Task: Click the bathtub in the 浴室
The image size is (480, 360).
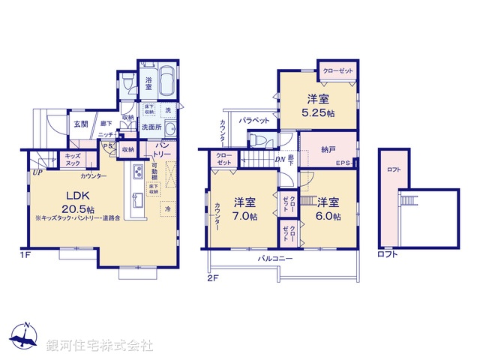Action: (166, 79)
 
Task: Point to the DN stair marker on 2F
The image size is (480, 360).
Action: (279, 158)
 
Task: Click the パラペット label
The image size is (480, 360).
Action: (254, 120)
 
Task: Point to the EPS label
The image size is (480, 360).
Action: (343, 163)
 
